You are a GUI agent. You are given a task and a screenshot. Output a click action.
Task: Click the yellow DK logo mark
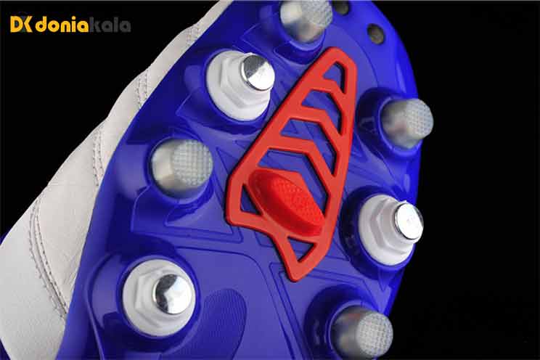(x=22, y=25)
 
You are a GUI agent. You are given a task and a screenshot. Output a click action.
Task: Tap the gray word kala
(x=110, y=25)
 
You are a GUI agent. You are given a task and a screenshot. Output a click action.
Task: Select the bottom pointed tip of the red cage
(x=292, y=279)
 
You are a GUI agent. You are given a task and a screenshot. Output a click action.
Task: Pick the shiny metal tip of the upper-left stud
(x=258, y=73)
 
